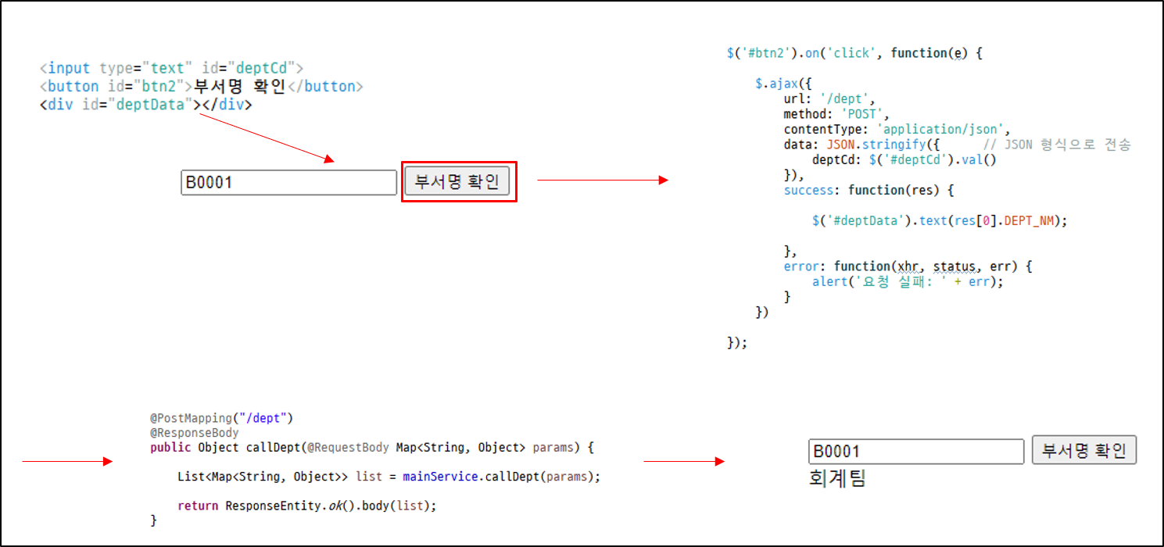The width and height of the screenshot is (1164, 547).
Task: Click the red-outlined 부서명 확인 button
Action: pyautogui.click(x=457, y=182)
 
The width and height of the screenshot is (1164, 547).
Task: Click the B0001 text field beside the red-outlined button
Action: pyautogui.click(x=288, y=183)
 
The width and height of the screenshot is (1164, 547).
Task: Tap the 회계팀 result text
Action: pyautogui.click(x=837, y=477)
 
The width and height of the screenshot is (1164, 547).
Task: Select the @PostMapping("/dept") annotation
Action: pyautogui.click(x=221, y=419)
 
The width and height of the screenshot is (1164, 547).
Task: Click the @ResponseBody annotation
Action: pyautogui.click(x=195, y=433)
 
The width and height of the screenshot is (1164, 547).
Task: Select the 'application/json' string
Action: pyautogui.click(x=944, y=130)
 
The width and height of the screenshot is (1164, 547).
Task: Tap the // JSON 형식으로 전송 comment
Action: pyautogui.click(x=1056, y=145)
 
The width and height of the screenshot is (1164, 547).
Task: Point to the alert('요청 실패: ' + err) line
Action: pyautogui.click(x=907, y=281)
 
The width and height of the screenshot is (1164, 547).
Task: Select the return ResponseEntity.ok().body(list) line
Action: pyautogui.click(x=306, y=506)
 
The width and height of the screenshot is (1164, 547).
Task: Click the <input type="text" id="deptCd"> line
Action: pyautogui.click(x=171, y=68)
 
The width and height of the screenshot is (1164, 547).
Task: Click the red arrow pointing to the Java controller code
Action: pyautogui.click(x=68, y=462)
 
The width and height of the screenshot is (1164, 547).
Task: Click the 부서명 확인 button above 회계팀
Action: pyautogui.click(x=1083, y=451)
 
